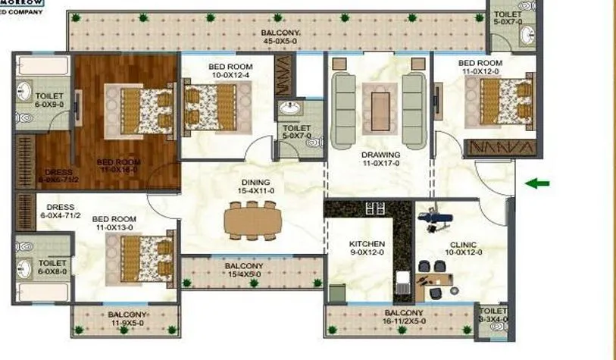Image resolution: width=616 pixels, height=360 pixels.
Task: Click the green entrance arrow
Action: (538, 183)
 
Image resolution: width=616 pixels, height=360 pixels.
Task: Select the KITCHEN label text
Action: (367, 249)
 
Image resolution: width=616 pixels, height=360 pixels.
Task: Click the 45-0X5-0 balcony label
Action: (280, 37)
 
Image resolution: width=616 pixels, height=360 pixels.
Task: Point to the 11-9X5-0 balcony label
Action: (127, 318)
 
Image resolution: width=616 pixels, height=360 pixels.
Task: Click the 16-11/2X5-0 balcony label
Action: (403, 318)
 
